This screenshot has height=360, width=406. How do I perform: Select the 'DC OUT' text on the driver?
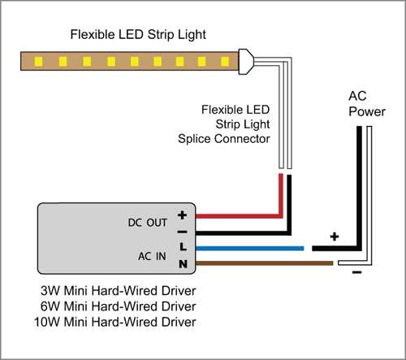[x=145, y=221]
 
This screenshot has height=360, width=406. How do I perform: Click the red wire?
[x=235, y=217]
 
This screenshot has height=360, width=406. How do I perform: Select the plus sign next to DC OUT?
[x=183, y=216]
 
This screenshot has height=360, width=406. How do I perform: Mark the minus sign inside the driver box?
[x=183, y=231]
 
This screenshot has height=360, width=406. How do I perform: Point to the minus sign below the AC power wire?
[x=356, y=273]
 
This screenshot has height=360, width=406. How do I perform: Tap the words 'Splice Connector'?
[x=223, y=139]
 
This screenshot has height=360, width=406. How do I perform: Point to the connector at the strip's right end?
[x=246, y=60]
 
